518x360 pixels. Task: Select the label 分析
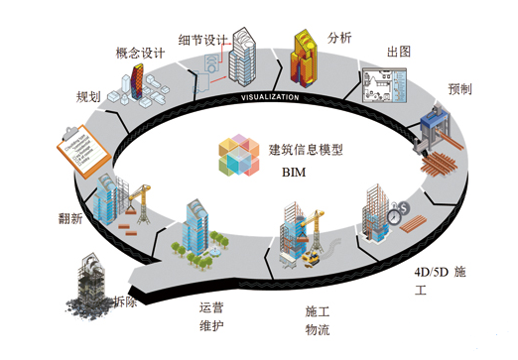coord(339,39)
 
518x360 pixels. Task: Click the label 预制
coord(459,87)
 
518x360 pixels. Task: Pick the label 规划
coord(88,97)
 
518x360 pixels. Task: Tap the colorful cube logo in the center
coord(243,157)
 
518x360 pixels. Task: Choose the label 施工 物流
coord(318,319)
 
